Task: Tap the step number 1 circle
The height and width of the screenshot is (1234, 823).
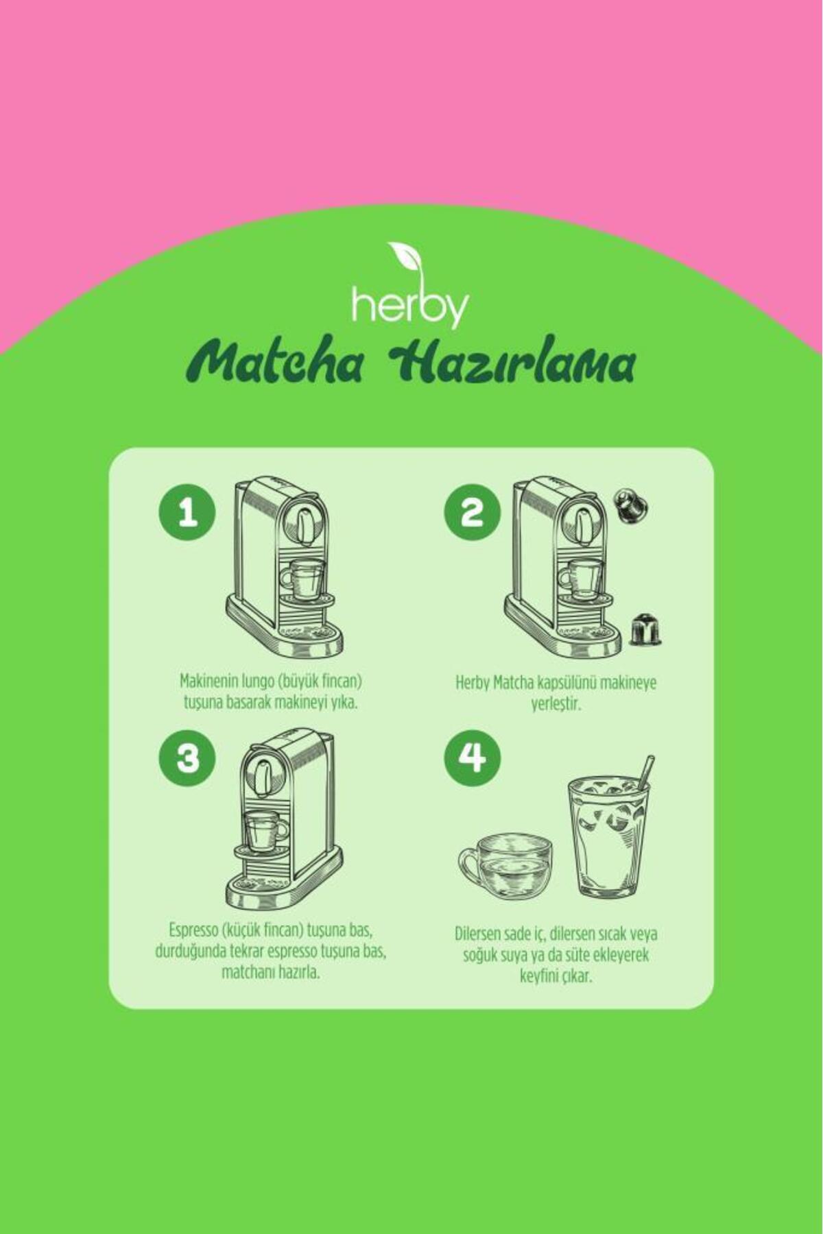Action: point(187,513)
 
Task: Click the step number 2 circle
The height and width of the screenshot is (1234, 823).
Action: point(472,513)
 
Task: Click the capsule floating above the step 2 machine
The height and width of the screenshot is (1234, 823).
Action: point(630,507)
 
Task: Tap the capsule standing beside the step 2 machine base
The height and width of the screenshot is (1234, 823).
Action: point(645,629)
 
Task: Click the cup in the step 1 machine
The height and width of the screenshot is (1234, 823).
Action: point(302,578)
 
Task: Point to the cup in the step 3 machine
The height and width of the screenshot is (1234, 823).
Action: point(265,832)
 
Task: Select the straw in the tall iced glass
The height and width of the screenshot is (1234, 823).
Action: point(645,773)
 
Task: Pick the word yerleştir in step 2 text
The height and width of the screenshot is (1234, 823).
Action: point(556,705)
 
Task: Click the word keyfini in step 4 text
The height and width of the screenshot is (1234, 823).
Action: point(540,976)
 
